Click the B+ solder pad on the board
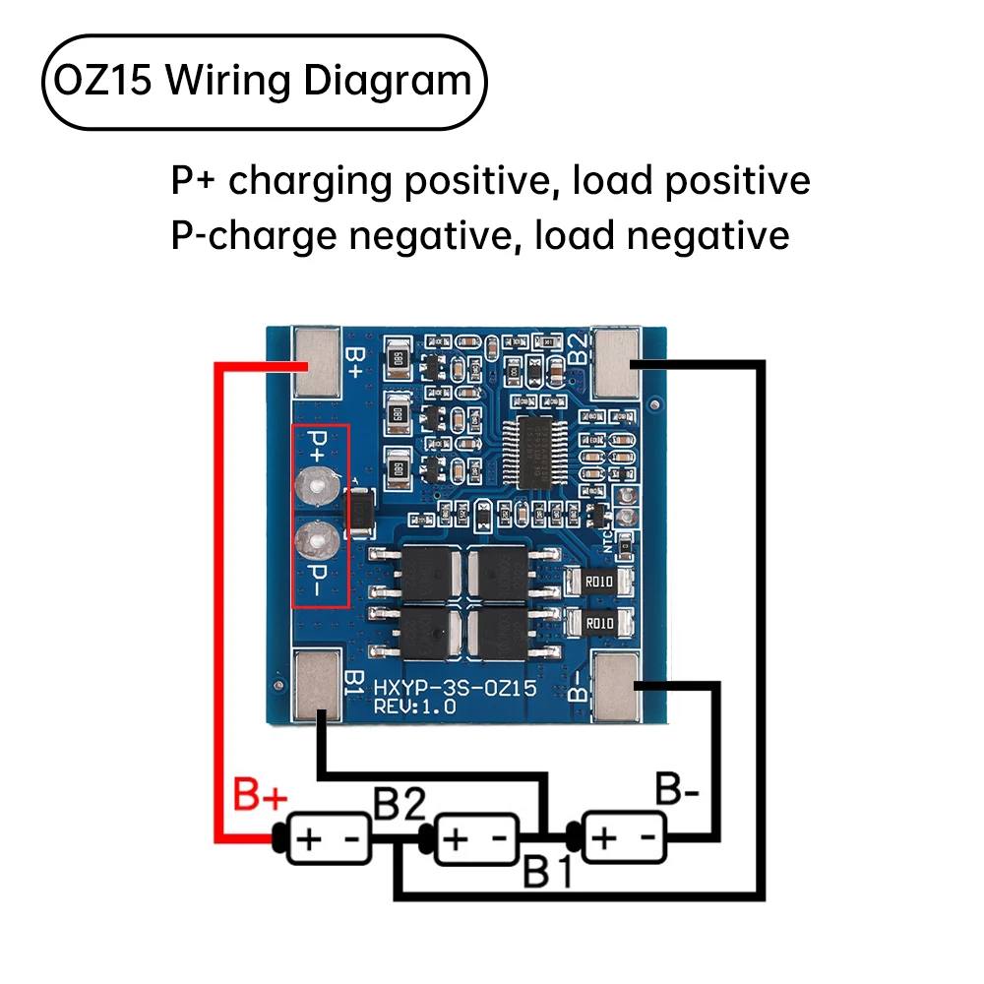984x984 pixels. click(317, 363)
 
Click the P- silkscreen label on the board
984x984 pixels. click(318, 580)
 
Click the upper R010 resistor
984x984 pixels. click(599, 582)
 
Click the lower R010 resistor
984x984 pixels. click(599, 623)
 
